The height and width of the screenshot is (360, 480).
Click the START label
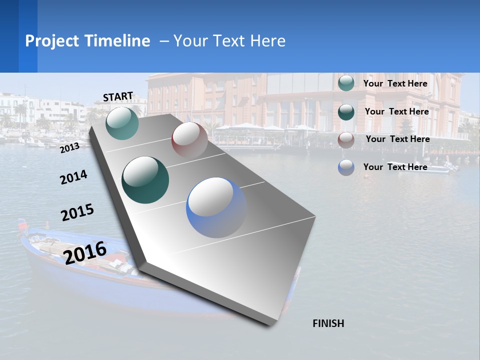[x=118, y=96]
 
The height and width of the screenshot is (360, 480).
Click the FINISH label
[x=328, y=323]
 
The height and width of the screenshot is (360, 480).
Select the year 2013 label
[x=70, y=147]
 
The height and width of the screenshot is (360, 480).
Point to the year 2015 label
[x=77, y=212]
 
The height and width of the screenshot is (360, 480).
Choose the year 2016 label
[x=85, y=252]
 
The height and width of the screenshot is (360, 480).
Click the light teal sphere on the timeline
[x=122, y=123]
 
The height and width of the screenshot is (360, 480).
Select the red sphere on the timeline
[x=189, y=139]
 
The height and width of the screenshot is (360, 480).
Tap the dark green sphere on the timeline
[x=145, y=180]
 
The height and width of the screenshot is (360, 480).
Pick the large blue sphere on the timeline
[x=216, y=207]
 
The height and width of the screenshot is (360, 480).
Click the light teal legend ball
[x=346, y=83]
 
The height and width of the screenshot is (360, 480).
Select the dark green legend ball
[x=346, y=112]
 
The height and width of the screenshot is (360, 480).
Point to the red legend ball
[x=346, y=140]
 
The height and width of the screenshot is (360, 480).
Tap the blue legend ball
[x=346, y=167]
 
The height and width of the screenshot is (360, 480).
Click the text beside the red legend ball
[x=397, y=139]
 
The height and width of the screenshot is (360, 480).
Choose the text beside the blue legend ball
[x=395, y=167]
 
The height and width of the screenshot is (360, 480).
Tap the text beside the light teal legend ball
[x=395, y=83]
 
